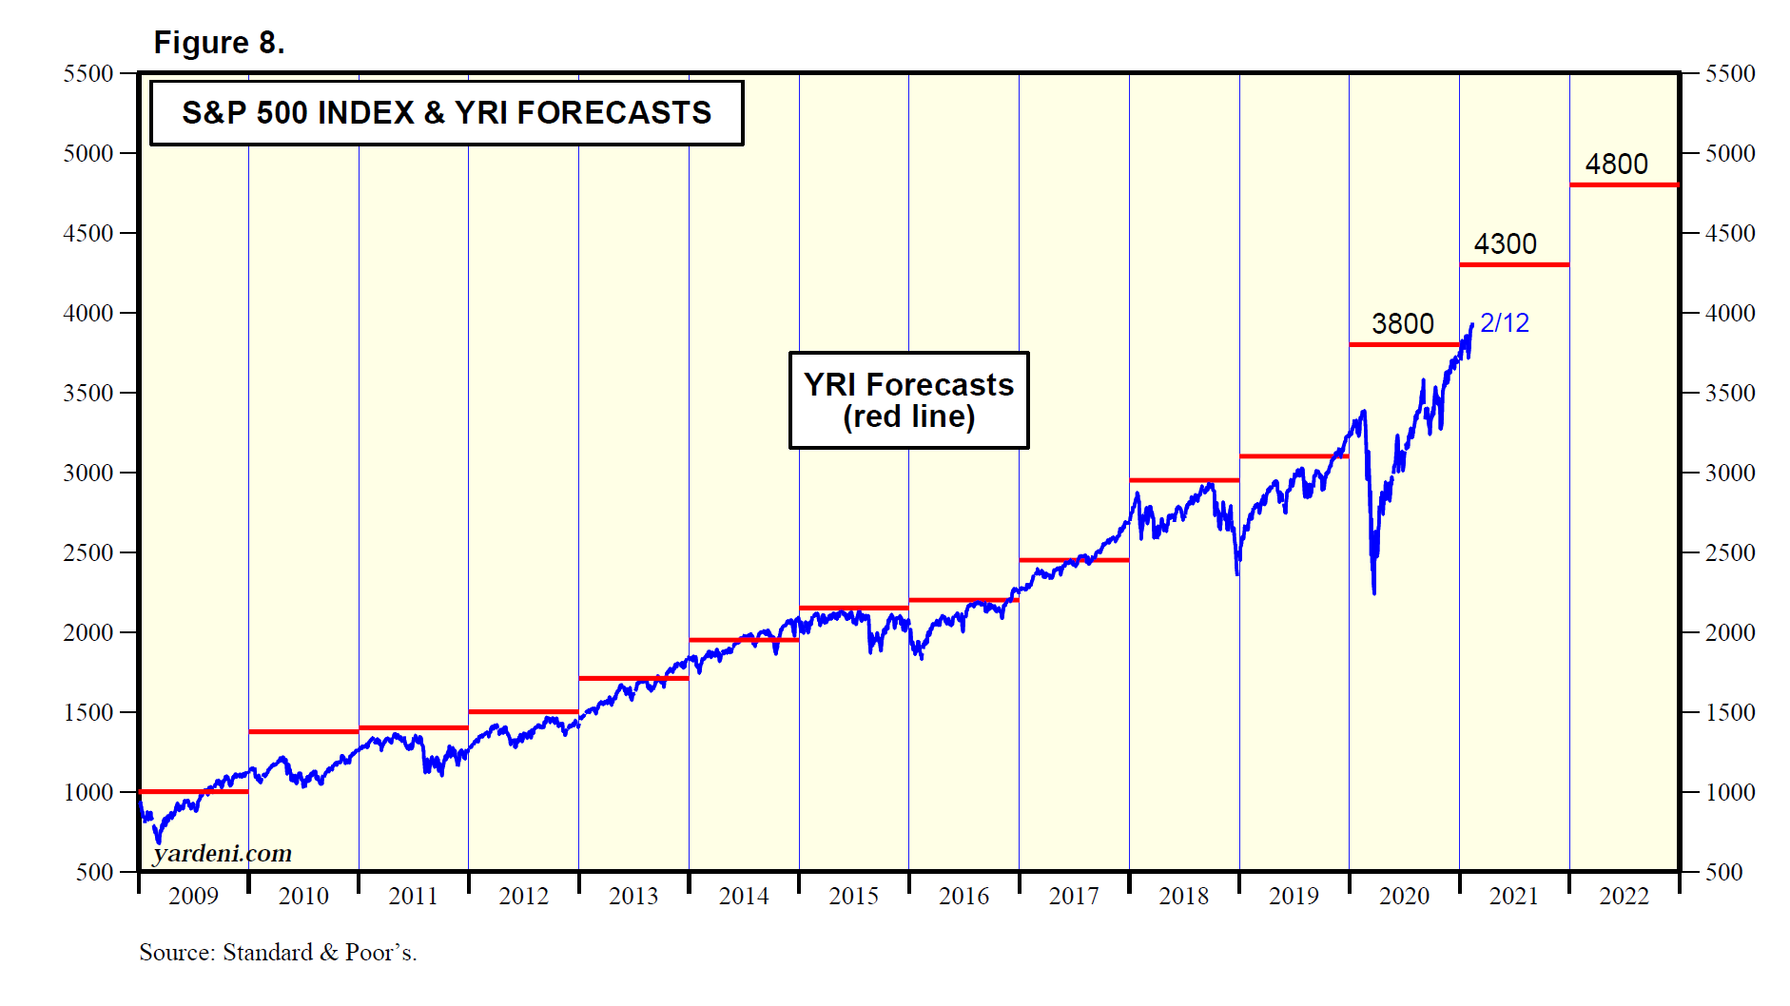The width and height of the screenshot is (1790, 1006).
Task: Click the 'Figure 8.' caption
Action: (219, 43)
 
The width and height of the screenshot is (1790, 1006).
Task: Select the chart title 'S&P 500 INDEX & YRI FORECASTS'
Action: (446, 113)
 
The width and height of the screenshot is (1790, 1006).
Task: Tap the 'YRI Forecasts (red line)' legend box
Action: (908, 400)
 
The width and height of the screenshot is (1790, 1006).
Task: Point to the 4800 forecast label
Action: (1616, 164)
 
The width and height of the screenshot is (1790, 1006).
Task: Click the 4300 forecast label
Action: (1505, 244)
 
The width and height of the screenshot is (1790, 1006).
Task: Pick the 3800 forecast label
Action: (1402, 324)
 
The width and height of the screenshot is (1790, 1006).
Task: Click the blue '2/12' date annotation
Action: (1505, 323)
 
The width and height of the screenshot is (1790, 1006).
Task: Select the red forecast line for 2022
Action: (1624, 184)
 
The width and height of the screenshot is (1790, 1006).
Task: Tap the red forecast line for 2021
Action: (1513, 264)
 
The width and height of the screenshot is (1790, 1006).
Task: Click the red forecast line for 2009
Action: (193, 791)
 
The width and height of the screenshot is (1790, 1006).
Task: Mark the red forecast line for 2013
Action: (633, 678)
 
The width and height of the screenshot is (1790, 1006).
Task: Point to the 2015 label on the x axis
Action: (853, 896)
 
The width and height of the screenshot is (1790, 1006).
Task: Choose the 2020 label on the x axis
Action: (1404, 896)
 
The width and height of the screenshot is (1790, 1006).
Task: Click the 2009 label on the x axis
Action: (193, 896)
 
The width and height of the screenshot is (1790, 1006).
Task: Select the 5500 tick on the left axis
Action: (88, 73)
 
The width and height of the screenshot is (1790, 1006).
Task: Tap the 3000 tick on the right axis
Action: (1730, 473)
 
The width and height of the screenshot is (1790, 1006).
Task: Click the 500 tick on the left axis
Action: (95, 872)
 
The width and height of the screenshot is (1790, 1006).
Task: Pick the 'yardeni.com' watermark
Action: (223, 854)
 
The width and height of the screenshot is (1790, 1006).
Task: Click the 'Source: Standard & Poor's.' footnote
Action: (278, 953)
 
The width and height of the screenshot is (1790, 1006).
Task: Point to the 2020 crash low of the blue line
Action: (1374, 592)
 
